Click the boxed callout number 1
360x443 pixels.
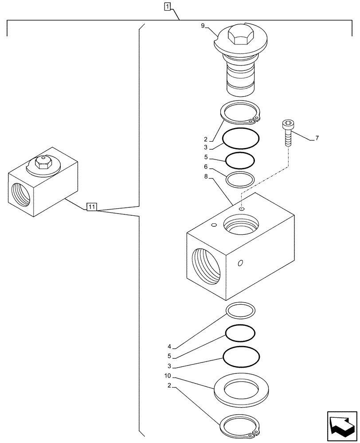167,6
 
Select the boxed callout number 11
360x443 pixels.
92,206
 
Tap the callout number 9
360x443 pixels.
203,26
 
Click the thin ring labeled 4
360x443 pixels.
240,310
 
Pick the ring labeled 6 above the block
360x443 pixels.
240,179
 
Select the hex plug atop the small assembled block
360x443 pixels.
43,164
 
